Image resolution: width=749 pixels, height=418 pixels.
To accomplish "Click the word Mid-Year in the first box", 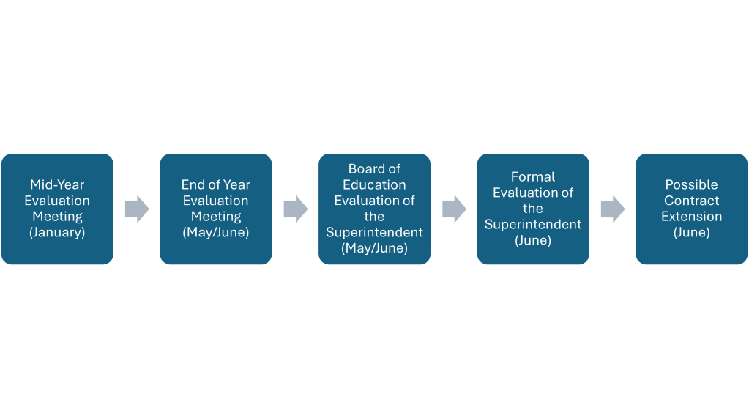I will pos(57,184).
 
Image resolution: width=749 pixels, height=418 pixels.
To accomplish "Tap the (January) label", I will pos(57,233).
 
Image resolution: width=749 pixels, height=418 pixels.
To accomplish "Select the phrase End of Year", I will pos(216,184).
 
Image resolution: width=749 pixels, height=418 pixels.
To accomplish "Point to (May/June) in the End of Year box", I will pos(216,233).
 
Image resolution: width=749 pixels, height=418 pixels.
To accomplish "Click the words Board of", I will pos(374,169).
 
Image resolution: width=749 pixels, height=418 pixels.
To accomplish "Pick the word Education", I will pos(374,184).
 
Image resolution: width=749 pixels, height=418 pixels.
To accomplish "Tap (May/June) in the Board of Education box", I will pos(374,248).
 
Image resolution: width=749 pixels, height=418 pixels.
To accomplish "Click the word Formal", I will pos(533,176).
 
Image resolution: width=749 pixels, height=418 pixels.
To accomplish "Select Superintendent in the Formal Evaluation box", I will pos(533,224).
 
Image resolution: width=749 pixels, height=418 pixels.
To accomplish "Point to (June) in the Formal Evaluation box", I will pos(533,240).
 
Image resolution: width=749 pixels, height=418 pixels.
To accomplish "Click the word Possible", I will pos(691,184).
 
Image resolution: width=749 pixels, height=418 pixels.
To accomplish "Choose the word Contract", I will pos(691,201).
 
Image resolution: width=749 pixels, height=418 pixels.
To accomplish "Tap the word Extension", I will pos(691,217).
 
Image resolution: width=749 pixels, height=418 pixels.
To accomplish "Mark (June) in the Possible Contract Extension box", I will pos(691,233).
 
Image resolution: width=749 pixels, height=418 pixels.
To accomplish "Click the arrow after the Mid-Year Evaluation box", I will pos(136,209).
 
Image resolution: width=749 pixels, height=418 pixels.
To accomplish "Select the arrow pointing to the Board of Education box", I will pos(295,209).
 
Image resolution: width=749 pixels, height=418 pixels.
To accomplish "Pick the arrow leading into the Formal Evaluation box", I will pos(454,209).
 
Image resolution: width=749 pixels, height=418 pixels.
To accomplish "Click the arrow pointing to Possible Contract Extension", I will pos(612,209).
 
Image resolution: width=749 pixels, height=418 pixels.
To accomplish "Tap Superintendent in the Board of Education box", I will pos(374,232).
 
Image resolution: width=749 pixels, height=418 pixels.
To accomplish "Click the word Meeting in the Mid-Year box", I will pos(57,217).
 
